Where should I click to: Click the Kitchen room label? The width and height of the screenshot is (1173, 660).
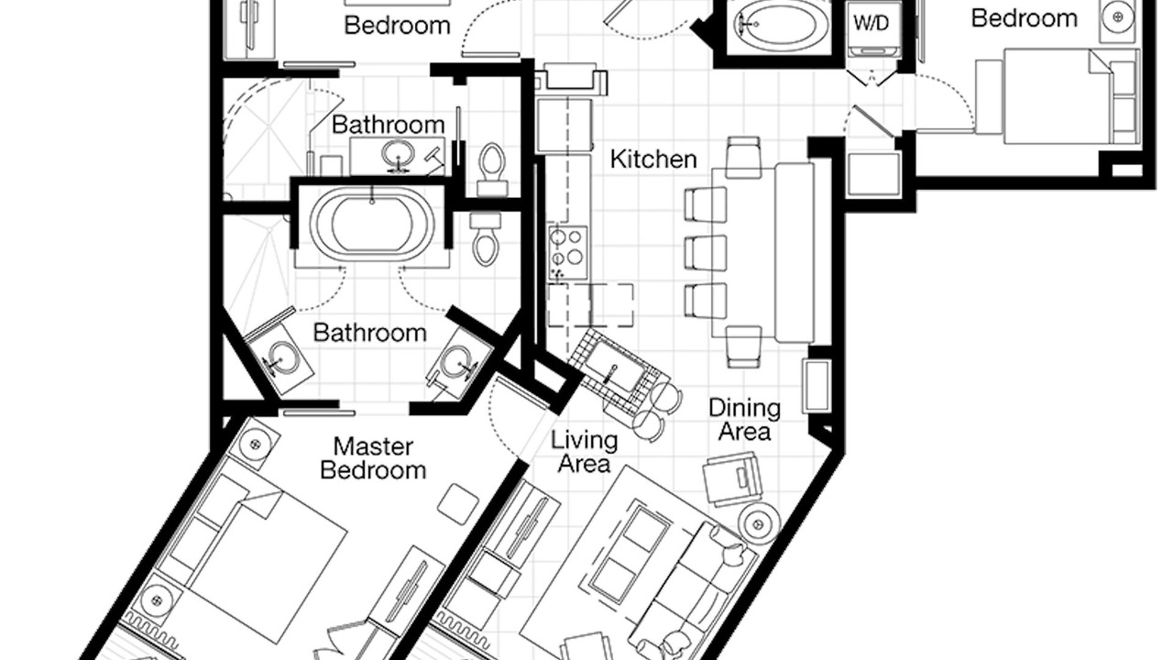pos(653,159)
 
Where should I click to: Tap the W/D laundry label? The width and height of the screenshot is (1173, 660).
pos(872,23)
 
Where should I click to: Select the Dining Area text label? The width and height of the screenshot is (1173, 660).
pos(745,420)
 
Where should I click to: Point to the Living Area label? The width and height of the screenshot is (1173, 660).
pos(585,452)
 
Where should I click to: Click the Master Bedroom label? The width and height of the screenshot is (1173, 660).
pos(373,459)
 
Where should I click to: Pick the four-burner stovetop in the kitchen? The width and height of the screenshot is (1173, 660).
pos(568,252)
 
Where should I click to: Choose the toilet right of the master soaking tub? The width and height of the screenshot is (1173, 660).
pos(485,238)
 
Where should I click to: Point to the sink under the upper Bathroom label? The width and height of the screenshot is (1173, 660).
pos(398,155)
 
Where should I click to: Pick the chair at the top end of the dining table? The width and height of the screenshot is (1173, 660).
pos(743,157)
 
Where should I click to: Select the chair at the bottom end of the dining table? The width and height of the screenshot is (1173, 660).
pos(744,346)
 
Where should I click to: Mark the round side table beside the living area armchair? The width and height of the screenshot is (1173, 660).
pos(757,523)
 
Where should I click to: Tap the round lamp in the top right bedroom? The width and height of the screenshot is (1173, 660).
pos(1117,17)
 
